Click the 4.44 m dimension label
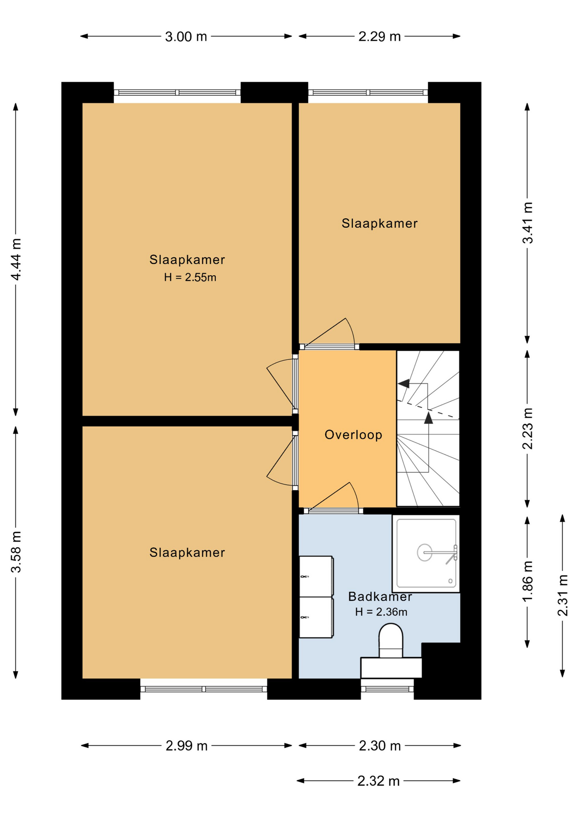(x=16, y=260)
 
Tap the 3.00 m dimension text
(x=186, y=37)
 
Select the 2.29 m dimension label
(x=379, y=37)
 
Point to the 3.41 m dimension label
(x=527, y=223)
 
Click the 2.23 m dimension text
(x=527, y=428)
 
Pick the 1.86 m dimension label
(x=527, y=582)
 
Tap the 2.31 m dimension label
(x=563, y=595)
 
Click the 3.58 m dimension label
(x=16, y=552)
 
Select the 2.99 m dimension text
(x=186, y=746)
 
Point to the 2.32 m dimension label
(x=378, y=781)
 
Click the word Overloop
(x=353, y=434)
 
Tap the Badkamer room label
(x=380, y=596)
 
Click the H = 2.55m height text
(x=190, y=277)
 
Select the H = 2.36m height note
(x=381, y=612)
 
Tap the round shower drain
(x=424, y=552)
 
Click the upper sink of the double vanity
(x=316, y=576)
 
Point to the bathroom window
(x=387, y=689)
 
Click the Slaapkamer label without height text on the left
(x=187, y=552)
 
